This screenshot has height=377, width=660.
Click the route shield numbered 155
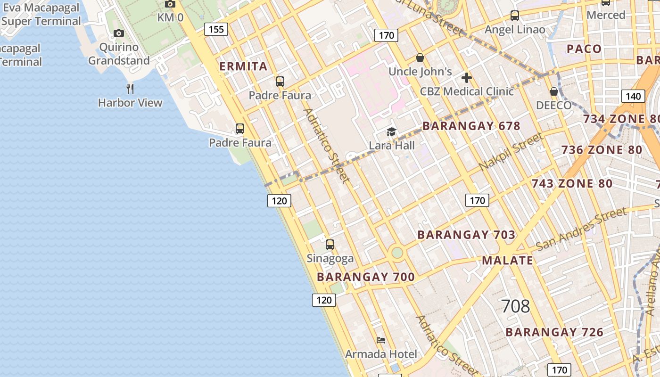[216, 29]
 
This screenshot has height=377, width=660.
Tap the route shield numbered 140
[633, 96]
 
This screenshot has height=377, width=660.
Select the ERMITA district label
[244, 66]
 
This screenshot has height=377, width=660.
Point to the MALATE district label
[507, 261]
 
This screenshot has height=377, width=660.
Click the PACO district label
[584, 49]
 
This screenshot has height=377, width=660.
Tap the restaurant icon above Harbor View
[130, 88]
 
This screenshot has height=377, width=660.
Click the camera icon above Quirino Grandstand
[119, 33]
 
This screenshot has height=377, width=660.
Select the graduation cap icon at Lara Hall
[391, 131]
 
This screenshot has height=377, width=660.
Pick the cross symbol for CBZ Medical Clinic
[467, 78]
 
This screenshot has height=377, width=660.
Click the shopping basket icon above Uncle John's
[420, 57]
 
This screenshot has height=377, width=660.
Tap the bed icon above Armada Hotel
[381, 340]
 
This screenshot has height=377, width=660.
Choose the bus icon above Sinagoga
[330, 245]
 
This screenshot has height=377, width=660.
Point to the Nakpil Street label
[511, 152]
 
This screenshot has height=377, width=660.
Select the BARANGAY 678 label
[471, 126]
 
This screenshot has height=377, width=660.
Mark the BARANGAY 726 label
[554, 332]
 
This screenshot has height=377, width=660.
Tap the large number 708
[515, 306]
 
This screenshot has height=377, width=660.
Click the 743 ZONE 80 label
[572, 184]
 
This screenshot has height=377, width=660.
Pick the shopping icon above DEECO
[554, 91]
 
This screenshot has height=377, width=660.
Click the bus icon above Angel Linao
[515, 16]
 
